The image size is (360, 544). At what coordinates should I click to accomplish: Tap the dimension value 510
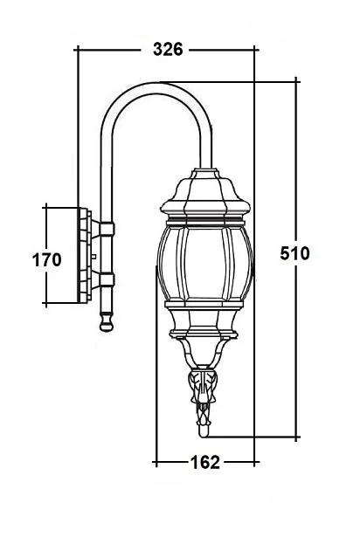[295, 254]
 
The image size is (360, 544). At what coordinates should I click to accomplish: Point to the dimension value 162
[204, 462]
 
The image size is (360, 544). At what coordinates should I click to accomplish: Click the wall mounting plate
[86, 256]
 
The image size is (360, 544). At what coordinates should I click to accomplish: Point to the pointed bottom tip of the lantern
[204, 430]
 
